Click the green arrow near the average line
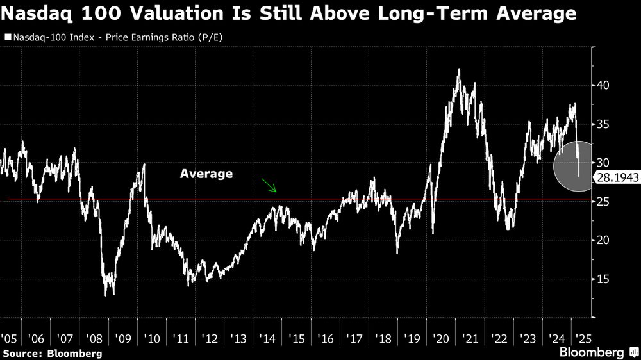(x=269, y=186)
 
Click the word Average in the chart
(x=206, y=174)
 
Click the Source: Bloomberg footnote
(x=52, y=353)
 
